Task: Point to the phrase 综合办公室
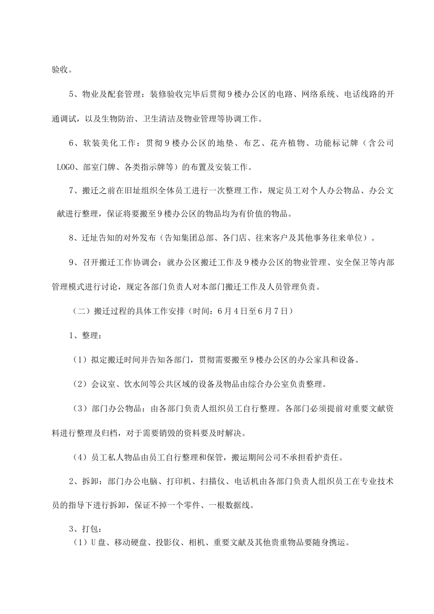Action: coord(268,384)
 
